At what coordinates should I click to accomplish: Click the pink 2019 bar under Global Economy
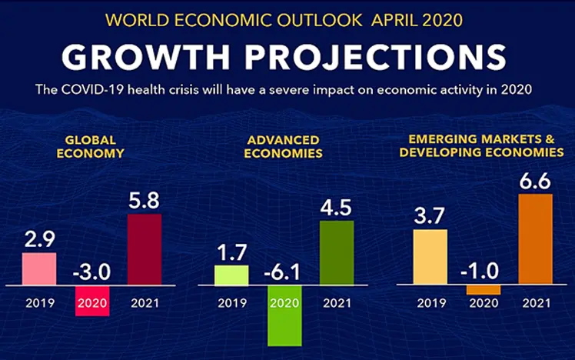pos(38,268)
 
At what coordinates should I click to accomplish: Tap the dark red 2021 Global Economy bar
pos(145,249)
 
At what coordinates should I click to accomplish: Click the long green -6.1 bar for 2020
pos(284,315)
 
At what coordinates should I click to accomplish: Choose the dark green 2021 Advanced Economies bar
pos(337,252)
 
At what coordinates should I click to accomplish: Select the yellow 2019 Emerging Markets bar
pos(430,257)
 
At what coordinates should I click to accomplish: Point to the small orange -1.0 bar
pos(484,289)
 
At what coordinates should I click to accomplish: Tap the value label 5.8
pos(145,201)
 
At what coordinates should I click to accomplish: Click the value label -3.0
pos(91,272)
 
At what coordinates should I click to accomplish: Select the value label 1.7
pos(231,252)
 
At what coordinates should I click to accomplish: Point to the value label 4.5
pos(337,208)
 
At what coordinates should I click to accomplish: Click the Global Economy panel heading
pos(91,146)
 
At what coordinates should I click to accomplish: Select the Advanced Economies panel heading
pos(284,146)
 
